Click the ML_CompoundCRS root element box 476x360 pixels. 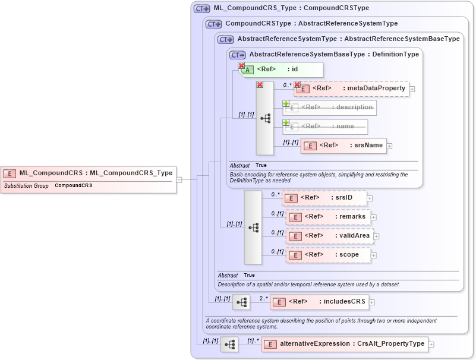coord(89,173)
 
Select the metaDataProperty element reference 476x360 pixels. coord(351,89)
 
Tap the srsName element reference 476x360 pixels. coord(343,146)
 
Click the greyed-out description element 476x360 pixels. coord(330,108)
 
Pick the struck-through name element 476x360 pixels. coord(325,127)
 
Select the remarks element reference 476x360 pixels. coord(329,217)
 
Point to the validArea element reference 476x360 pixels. coord(330,236)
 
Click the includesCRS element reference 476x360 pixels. coord(319,302)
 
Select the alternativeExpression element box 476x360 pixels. coord(345,344)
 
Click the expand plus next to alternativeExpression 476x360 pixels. coord(431,345)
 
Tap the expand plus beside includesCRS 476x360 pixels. coord(372,302)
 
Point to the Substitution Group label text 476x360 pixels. coord(27,186)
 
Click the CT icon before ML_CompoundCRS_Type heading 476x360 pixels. coord(202,9)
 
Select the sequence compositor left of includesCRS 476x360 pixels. coord(241,302)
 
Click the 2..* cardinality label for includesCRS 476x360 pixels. coord(263,298)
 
